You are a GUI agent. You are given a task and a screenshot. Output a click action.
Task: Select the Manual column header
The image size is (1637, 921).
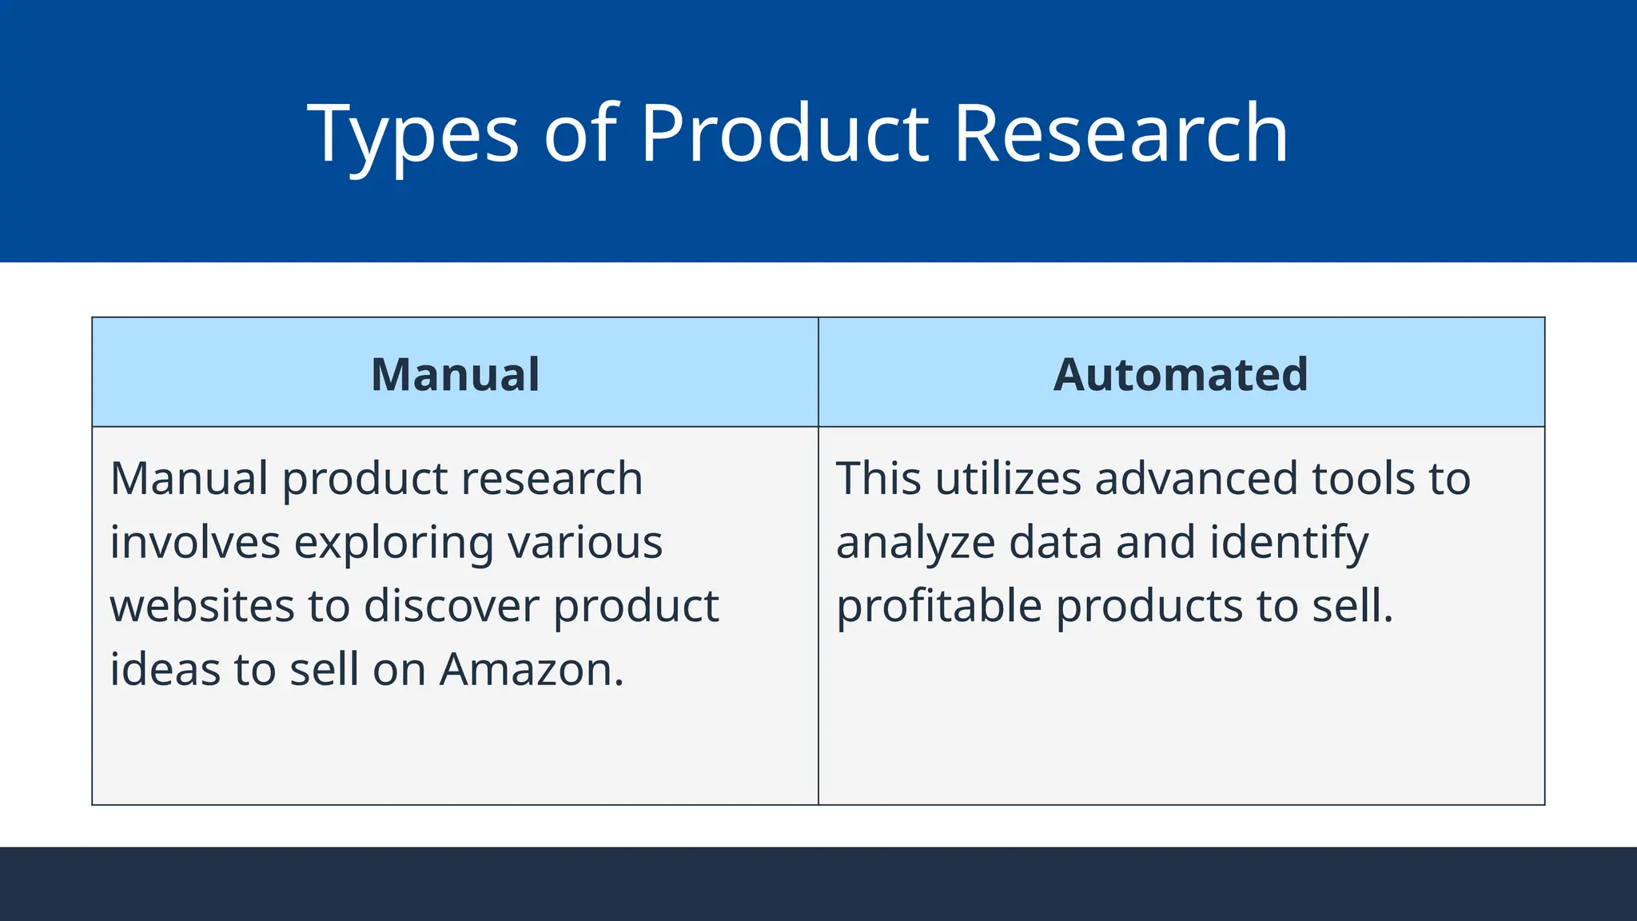pyautogui.click(x=456, y=374)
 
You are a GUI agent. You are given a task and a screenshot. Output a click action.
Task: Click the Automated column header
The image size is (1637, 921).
pyautogui.click(x=1181, y=374)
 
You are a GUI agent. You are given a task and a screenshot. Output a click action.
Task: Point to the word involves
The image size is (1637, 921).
pyautogui.click(x=195, y=542)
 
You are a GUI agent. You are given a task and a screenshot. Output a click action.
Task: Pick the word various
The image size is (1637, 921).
pyautogui.click(x=585, y=542)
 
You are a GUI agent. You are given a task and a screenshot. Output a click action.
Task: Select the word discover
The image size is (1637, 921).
pyautogui.click(x=452, y=605)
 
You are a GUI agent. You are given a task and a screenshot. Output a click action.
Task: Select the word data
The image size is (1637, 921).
pyautogui.click(x=1055, y=542)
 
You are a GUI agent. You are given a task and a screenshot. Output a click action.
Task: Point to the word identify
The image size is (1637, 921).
pyautogui.click(x=1288, y=544)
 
